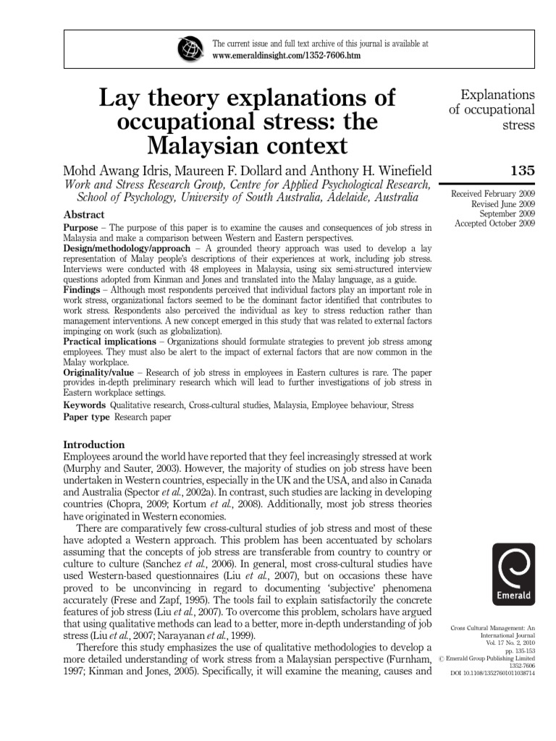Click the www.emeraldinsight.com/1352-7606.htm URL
pos(286,55)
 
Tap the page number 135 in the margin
pos(522,172)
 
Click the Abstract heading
pos(84,215)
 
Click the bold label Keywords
pos(85,405)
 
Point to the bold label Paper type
pos(87,418)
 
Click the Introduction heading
pos(94,444)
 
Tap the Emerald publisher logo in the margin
pos(513,575)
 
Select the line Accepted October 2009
pos(494,224)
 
